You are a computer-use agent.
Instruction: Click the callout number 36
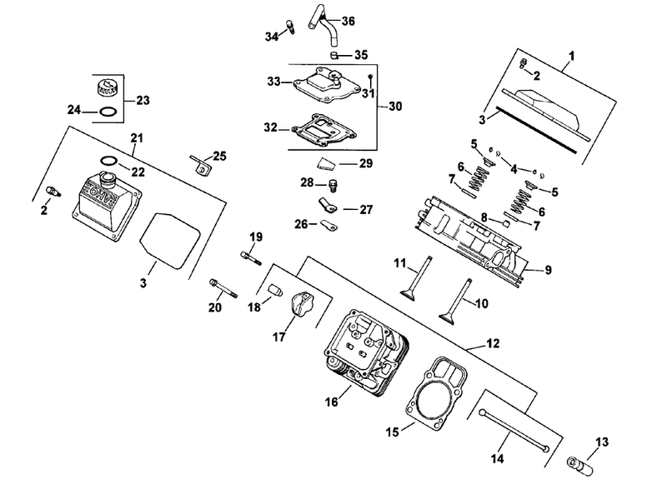(x=348, y=21)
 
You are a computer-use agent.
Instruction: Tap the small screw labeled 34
(x=291, y=26)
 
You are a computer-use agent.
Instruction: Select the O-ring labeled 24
(x=108, y=112)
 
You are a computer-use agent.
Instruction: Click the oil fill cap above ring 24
(x=105, y=89)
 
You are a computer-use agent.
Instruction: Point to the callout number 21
(x=137, y=138)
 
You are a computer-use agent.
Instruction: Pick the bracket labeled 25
(x=200, y=164)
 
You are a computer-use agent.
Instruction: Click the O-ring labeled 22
(x=109, y=161)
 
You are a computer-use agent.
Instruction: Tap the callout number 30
(x=395, y=106)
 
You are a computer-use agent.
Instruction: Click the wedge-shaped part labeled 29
(x=327, y=164)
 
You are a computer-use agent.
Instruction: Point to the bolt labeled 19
(x=251, y=258)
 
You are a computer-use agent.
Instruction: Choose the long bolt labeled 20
(x=223, y=288)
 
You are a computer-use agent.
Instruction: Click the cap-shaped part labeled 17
(x=302, y=303)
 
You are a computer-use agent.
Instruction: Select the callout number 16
(x=331, y=402)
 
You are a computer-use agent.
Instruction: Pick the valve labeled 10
(x=455, y=302)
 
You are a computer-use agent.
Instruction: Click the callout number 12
(x=493, y=343)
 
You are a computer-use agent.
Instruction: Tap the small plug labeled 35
(x=335, y=55)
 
